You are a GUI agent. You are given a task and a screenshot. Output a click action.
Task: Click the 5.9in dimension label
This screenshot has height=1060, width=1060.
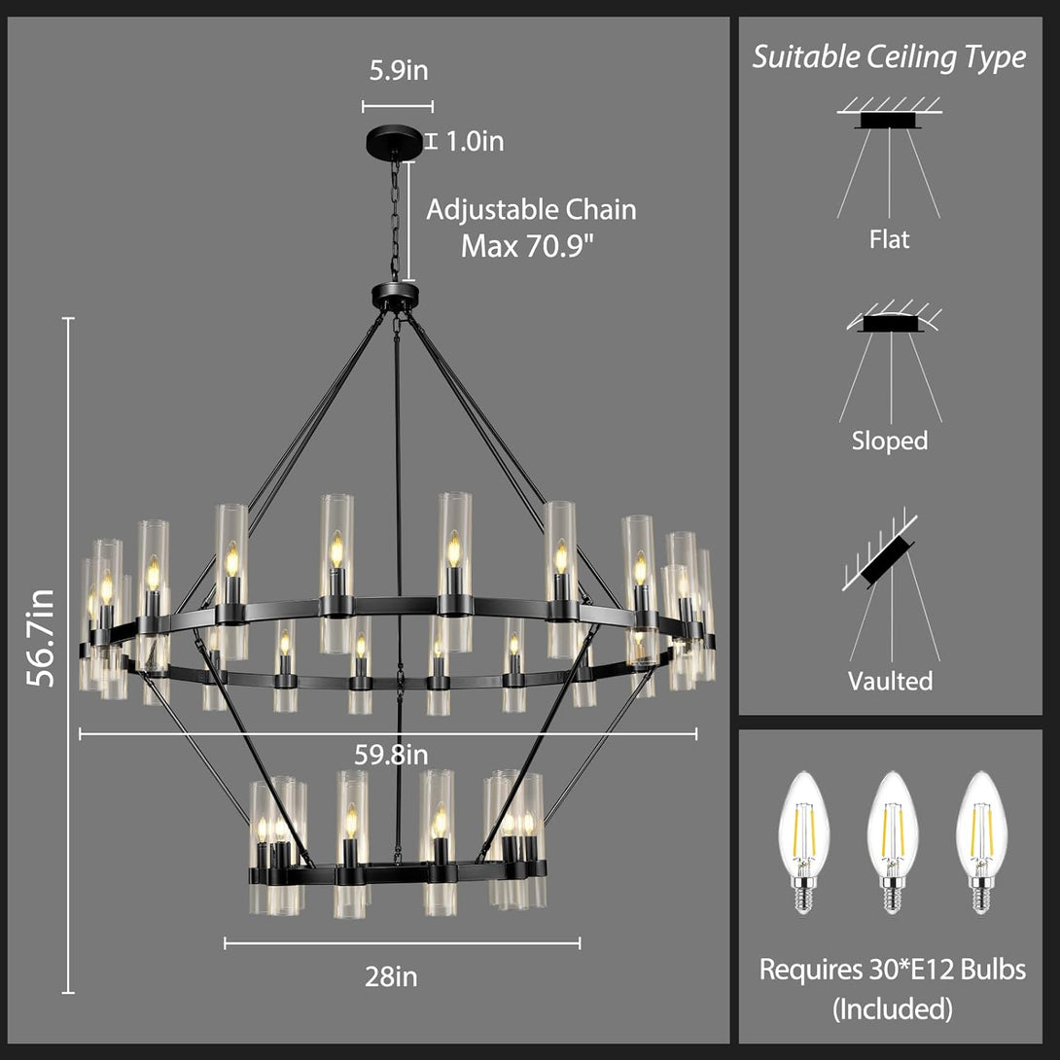click(x=398, y=70)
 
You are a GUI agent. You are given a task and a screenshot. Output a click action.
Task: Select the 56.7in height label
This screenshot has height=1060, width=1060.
click(x=41, y=638)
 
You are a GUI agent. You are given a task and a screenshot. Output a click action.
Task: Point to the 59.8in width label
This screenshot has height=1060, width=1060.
click(x=391, y=755)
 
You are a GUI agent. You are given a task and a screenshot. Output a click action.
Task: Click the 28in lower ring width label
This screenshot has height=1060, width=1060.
click(x=391, y=976)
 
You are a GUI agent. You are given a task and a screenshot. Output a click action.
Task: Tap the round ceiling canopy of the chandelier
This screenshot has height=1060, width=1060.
click(x=395, y=141)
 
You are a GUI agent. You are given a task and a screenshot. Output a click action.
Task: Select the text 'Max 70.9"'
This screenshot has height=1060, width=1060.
click(x=527, y=245)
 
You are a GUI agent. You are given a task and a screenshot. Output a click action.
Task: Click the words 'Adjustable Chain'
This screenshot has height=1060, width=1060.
click(x=531, y=209)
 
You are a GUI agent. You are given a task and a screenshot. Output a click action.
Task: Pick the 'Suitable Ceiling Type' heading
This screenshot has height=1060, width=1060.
click(x=889, y=56)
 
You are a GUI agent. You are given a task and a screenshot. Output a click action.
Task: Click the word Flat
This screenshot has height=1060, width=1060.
click(x=889, y=238)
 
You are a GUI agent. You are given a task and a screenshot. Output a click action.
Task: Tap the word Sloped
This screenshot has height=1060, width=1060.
click(x=890, y=441)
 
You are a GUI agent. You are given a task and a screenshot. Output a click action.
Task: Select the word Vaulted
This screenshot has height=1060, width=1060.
click(x=891, y=680)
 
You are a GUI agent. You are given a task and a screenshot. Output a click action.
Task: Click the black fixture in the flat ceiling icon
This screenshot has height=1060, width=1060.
click(x=888, y=121)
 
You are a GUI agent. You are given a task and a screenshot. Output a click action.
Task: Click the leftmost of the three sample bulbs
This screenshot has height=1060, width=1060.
click(x=803, y=842)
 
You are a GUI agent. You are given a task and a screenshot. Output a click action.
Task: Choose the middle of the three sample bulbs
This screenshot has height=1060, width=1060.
click(x=893, y=842)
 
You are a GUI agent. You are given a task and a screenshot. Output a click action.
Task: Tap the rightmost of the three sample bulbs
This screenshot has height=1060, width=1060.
click(x=981, y=842)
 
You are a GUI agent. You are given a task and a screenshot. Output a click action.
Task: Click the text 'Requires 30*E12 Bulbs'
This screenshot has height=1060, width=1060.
click(x=893, y=970)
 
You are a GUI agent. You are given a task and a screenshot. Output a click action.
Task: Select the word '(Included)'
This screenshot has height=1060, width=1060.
click(x=893, y=1008)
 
